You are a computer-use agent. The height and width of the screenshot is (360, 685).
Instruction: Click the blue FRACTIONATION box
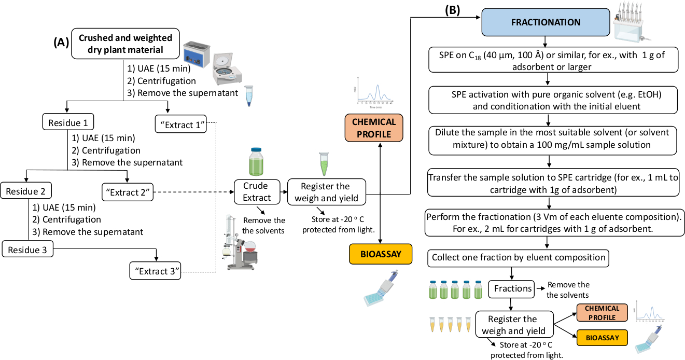tap(546, 23)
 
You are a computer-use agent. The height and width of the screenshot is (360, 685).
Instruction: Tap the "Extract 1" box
tap(180, 124)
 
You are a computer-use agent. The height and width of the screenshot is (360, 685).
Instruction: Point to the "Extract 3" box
tap(155, 270)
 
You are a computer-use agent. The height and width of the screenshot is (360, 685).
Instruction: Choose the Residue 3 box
tap(29, 250)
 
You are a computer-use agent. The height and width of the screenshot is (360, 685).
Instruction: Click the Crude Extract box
tap(257, 191)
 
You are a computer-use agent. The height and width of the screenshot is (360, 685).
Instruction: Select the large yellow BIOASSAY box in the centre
tap(381, 255)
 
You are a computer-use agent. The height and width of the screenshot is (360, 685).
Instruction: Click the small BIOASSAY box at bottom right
tap(602, 338)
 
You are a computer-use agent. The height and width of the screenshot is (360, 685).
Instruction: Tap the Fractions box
tap(513, 288)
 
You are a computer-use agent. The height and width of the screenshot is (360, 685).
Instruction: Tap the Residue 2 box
tap(26, 191)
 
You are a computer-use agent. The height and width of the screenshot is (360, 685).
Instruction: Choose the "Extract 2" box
tap(128, 193)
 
